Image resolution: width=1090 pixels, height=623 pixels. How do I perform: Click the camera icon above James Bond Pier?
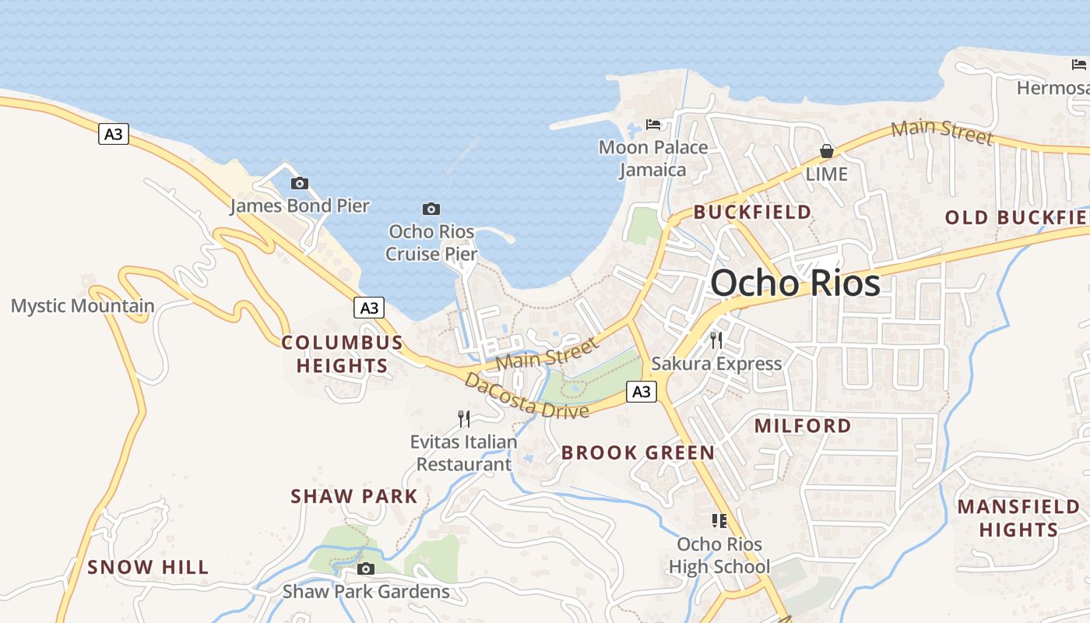[299, 184]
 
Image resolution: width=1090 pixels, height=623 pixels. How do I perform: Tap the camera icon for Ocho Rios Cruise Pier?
[431, 209]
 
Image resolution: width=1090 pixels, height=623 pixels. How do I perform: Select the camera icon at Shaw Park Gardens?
[366, 569]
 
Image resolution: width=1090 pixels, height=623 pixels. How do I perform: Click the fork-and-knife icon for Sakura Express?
[716, 340]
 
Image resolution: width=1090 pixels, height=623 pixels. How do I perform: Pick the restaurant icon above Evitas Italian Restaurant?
[464, 419]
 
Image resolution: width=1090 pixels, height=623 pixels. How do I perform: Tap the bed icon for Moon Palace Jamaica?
[653, 124]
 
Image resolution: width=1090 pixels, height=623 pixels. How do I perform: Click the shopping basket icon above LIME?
[826, 151]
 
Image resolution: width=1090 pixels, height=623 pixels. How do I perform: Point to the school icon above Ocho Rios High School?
[719, 520]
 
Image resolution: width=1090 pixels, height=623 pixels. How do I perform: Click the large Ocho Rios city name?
[795, 283]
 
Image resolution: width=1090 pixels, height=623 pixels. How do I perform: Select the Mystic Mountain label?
[83, 306]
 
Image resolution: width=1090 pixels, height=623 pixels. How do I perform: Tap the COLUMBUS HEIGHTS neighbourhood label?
[343, 354]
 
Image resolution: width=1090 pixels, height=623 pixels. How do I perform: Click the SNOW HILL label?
[148, 567]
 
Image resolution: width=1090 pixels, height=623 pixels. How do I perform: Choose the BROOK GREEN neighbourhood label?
[638, 452]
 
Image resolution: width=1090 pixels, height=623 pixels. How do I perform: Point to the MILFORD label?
[803, 426]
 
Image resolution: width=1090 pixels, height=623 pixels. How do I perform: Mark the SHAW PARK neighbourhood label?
[354, 496]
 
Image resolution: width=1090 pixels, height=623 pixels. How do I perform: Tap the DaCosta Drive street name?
[526, 396]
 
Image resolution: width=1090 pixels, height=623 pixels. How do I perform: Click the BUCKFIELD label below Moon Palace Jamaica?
[752, 212]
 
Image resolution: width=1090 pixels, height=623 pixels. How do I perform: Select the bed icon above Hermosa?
[1078, 65]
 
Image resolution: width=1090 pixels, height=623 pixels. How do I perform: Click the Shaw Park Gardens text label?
[366, 592]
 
